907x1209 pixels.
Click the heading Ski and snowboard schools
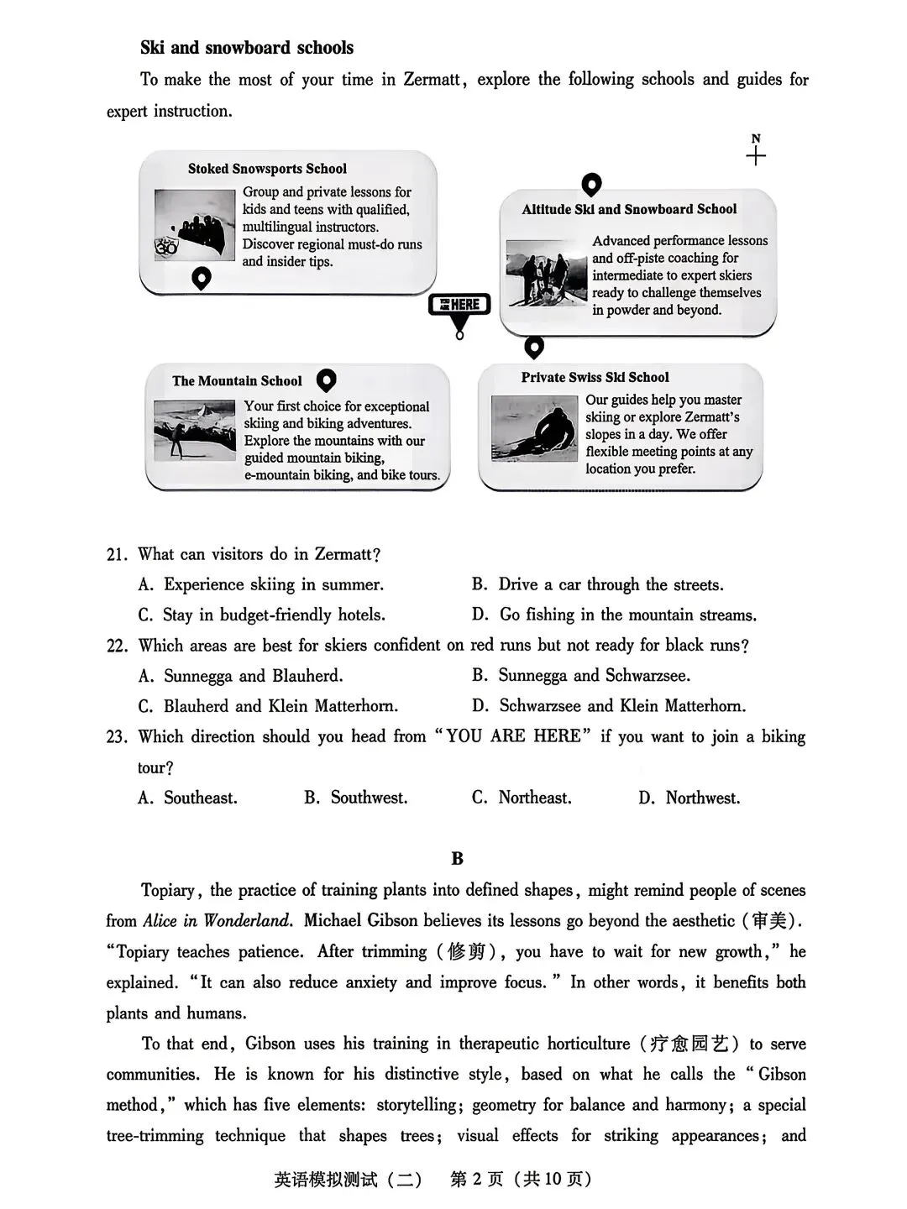(x=247, y=48)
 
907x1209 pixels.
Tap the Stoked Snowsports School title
(x=267, y=169)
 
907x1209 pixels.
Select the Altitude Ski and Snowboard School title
(x=629, y=210)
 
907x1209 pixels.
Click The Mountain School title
(x=237, y=381)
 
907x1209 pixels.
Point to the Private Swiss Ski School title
(x=595, y=378)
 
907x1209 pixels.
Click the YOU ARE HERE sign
(x=459, y=306)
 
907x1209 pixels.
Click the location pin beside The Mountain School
(x=326, y=381)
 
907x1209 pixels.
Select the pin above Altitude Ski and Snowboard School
(x=591, y=185)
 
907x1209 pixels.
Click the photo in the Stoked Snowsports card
(x=194, y=225)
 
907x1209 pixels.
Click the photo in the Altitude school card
(x=547, y=273)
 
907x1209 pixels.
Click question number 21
(x=117, y=555)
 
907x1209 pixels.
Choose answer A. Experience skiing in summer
(x=261, y=585)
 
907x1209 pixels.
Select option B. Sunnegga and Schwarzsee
(x=581, y=676)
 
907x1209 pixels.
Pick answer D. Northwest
(x=689, y=798)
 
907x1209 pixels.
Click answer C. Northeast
(x=522, y=798)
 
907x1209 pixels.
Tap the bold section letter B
(x=457, y=859)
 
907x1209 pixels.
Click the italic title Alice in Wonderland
(x=218, y=921)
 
